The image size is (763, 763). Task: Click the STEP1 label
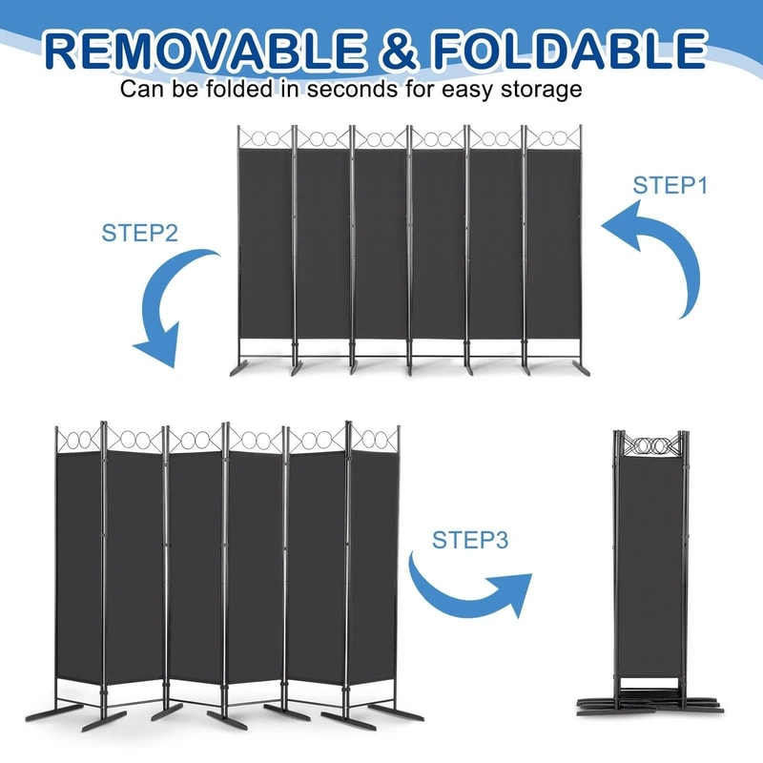click(670, 185)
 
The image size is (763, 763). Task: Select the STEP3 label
click(470, 540)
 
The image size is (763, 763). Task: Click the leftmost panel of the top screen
click(265, 243)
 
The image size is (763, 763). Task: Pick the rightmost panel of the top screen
click(553, 243)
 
